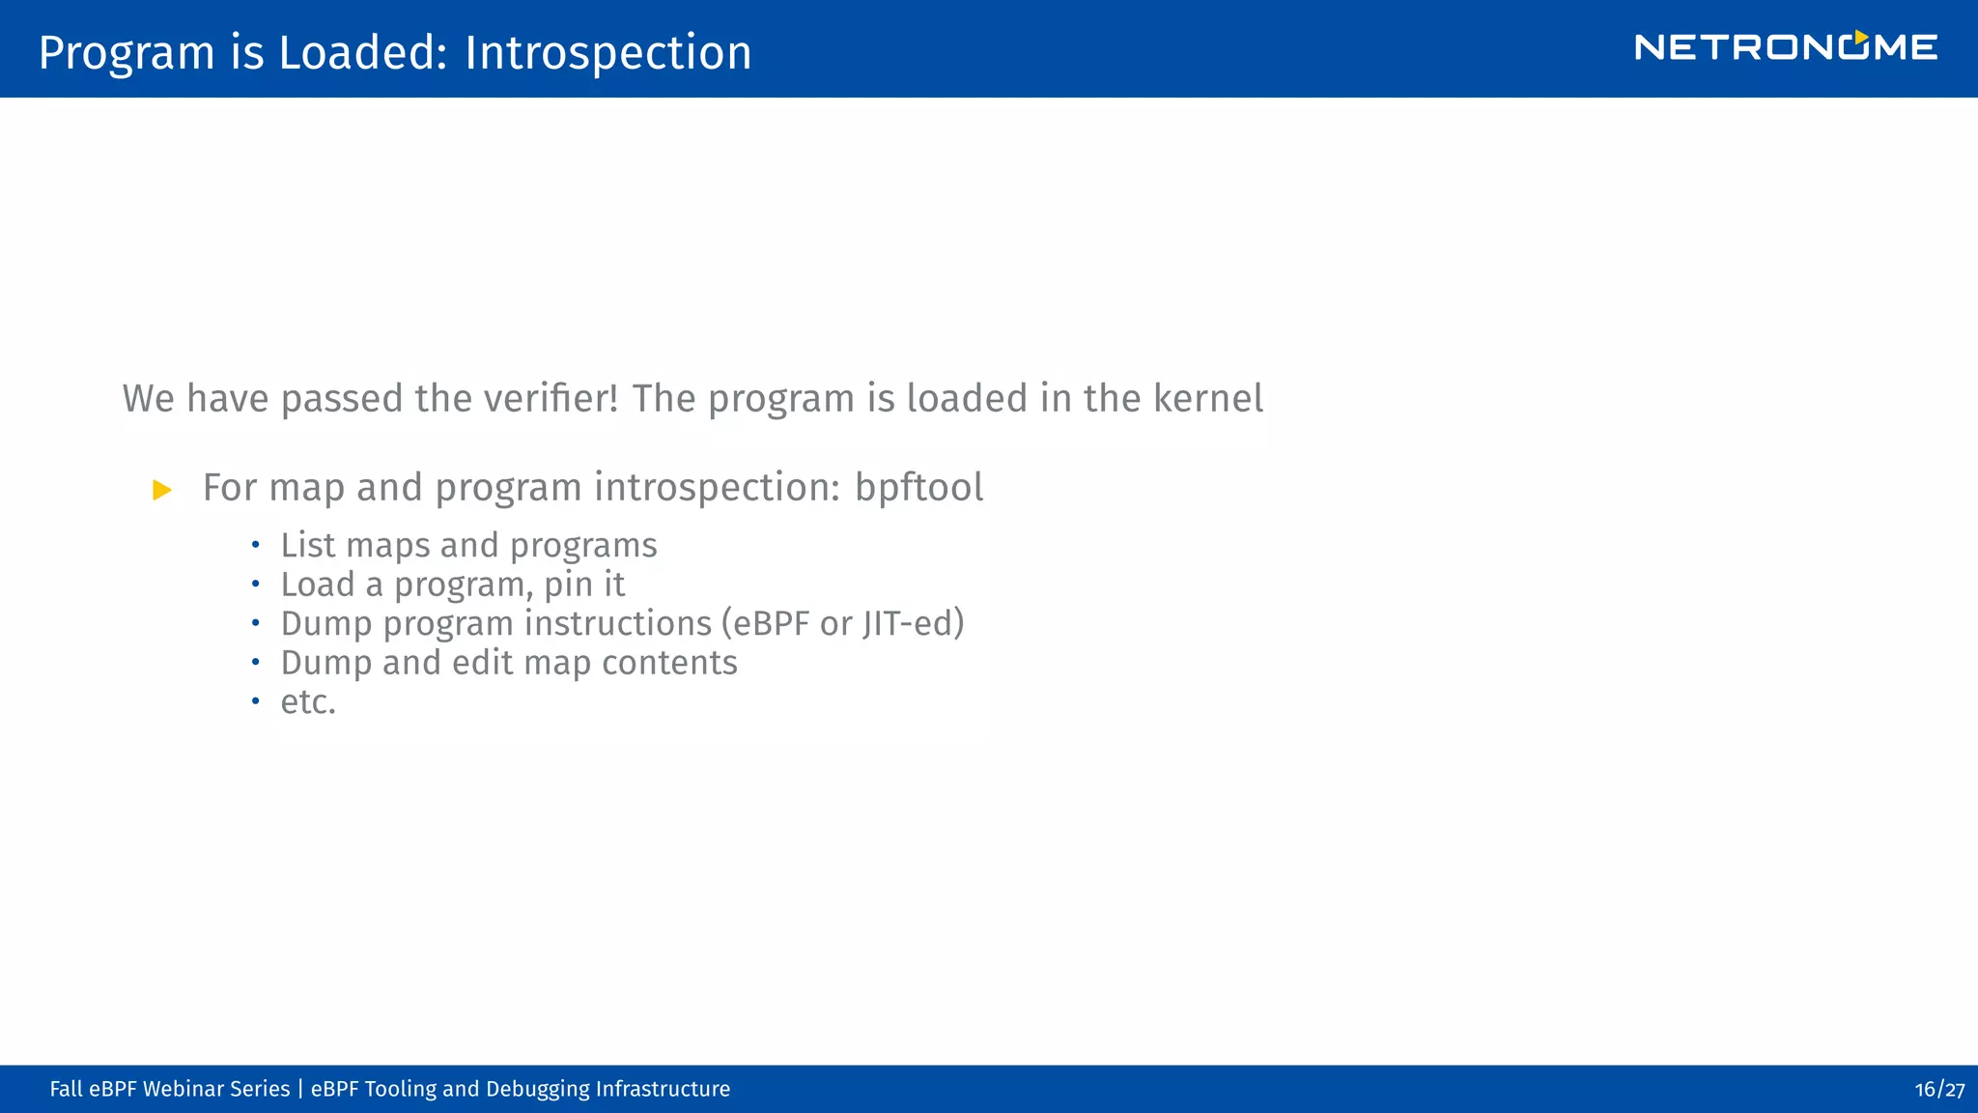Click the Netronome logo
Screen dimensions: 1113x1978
pos(1785,46)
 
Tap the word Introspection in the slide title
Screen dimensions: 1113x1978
pos(608,52)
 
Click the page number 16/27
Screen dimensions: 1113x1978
pos(1939,1090)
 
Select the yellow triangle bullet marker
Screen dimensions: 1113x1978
pos(162,490)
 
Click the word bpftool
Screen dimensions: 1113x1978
pos(918,488)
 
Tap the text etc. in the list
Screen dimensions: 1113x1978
pos(308,702)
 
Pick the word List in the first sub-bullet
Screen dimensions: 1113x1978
pos(308,546)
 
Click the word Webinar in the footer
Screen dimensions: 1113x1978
pos(184,1090)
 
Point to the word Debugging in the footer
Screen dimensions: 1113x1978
pos(537,1090)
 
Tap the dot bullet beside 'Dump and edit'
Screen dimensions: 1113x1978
pos(255,663)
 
